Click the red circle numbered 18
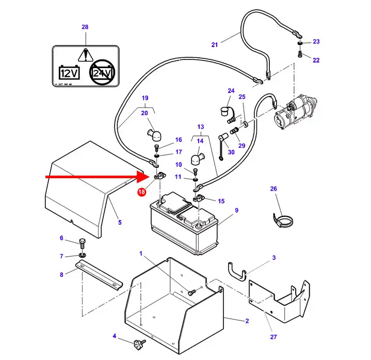click(141, 192)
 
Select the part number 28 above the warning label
click(85, 27)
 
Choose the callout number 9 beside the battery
click(236, 210)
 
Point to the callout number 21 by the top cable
click(215, 44)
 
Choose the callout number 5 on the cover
click(120, 223)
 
